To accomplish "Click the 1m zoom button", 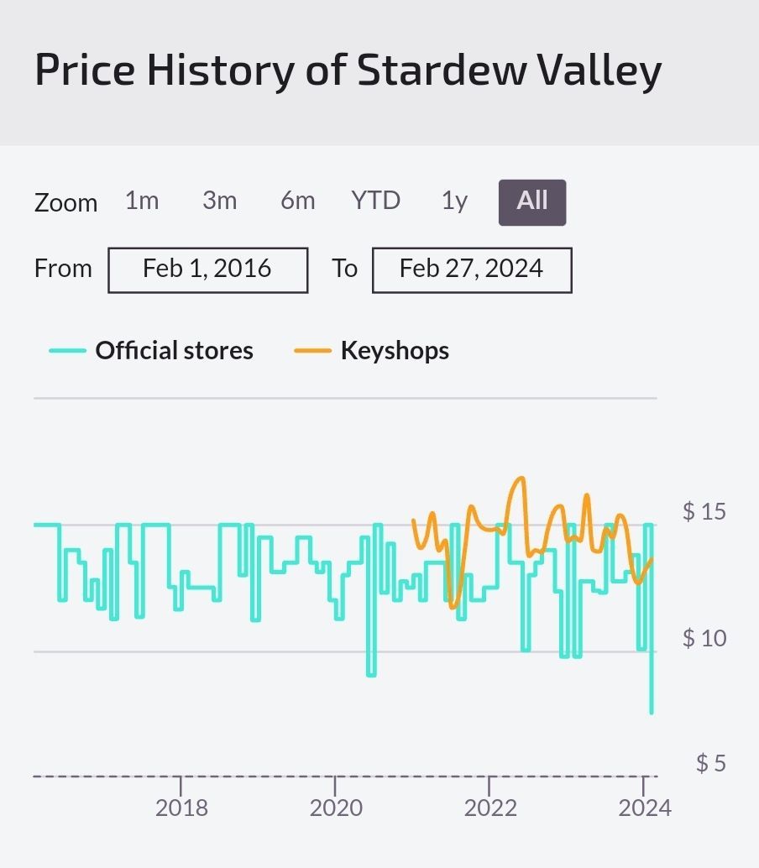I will coord(142,201).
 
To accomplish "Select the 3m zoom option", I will coord(219,201).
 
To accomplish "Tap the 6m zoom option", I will coord(297,201).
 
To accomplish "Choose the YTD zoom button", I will coord(375,201).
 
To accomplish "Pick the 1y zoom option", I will coord(454,201).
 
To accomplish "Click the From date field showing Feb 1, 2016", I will coord(207,269).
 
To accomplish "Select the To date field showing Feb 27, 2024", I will coord(472,269).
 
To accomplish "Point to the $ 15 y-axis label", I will coord(704,511).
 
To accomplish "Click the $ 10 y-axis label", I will coord(704,638).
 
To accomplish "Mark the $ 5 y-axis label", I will coord(710,763).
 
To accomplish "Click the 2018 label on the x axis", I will coord(181,808).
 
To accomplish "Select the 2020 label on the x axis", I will coord(336,808).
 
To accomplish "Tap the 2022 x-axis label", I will coord(490,808).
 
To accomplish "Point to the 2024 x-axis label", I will coord(645,808).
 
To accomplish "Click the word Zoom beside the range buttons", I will coord(65,203).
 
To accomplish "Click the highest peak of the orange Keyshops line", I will coord(521,478).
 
